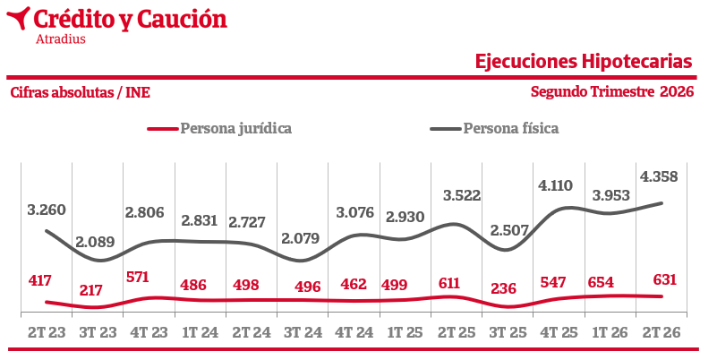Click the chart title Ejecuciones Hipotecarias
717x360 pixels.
click(584, 61)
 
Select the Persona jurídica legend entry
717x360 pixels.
click(219, 128)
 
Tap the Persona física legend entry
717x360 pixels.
click(494, 128)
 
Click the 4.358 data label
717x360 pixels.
click(659, 176)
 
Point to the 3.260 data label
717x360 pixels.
click(47, 210)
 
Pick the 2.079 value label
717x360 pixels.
click(301, 238)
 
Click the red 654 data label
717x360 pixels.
click(601, 282)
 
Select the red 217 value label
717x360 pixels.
click(90, 290)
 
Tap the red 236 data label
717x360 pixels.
click(503, 288)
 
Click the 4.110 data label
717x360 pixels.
click(555, 185)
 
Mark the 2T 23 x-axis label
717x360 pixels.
click(47, 332)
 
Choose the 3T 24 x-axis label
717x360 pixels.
click(303, 332)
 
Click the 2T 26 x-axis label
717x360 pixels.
click(662, 332)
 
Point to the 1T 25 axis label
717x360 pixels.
click(405, 332)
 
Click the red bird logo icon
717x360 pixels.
click(18, 18)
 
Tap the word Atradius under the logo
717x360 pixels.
click(61, 39)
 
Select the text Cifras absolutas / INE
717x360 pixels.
click(80, 92)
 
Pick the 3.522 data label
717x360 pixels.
click(462, 195)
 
